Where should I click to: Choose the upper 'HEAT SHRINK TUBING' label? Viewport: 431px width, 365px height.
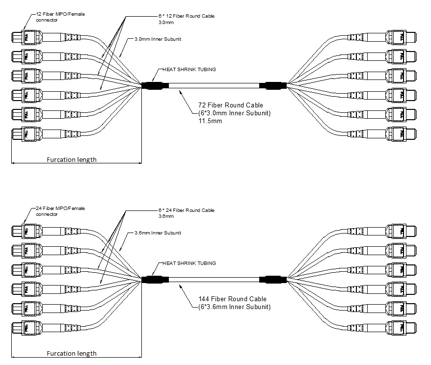point(189,70)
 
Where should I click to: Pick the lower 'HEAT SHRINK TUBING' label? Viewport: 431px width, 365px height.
point(189,263)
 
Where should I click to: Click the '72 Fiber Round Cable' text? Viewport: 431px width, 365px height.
point(230,105)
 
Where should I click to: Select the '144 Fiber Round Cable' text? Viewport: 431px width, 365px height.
point(232,299)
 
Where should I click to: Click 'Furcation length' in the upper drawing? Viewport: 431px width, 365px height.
point(72,159)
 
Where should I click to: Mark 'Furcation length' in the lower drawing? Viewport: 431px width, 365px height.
point(72,353)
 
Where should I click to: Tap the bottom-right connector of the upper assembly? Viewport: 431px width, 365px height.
point(402,134)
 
